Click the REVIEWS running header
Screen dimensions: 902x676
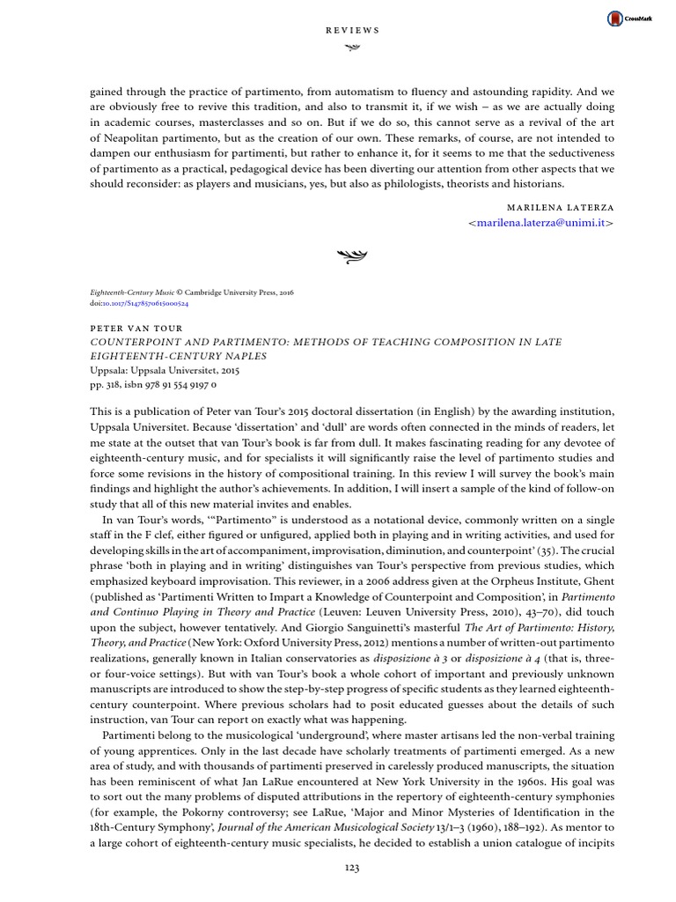(x=352, y=29)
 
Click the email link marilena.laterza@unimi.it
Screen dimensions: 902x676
(x=540, y=224)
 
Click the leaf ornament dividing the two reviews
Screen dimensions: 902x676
(x=352, y=257)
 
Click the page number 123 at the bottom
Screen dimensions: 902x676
(x=352, y=868)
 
